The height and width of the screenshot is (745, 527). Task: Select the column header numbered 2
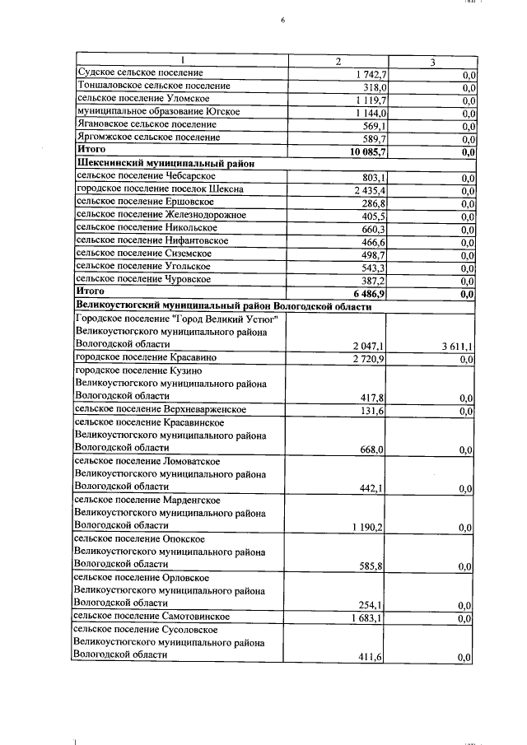(337, 62)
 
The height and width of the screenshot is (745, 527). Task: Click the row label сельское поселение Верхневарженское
(161, 409)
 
